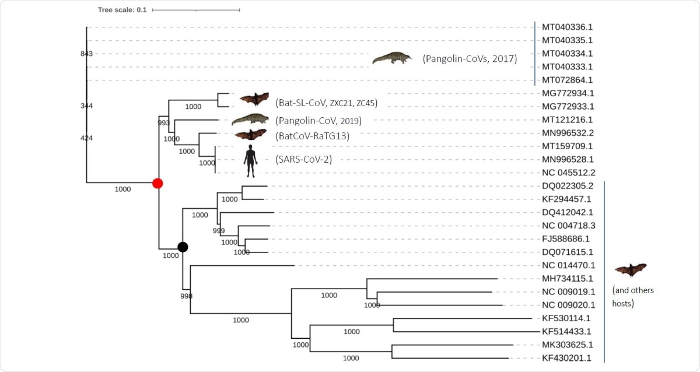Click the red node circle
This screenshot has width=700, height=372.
tap(157, 183)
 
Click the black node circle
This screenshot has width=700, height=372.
tap(183, 247)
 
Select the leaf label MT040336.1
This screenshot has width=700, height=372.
tap(568, 27)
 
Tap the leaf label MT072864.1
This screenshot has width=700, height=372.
tap(568, 80)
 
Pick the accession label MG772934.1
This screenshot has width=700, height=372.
tap(568, 93)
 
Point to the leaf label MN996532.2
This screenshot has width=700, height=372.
tap(568, 133)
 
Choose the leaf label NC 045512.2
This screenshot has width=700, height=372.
tap(568, 173)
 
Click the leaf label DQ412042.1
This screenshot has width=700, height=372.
tap(568, 212)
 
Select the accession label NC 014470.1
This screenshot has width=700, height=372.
tap(568, 265)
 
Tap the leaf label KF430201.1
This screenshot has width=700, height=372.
tap(568, 358)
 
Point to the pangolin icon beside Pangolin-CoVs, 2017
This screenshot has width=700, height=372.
tap(391, 58)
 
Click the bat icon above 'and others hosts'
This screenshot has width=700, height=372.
tap(631, 270)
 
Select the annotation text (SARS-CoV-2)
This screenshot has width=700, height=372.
tap(303, 159)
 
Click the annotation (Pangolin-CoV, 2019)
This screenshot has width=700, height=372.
tap(318, 121)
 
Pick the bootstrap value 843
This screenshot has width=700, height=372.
tap(87, 54)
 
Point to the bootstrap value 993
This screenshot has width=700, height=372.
tap(164, 123)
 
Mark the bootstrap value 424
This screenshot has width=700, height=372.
tap(87, 138)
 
